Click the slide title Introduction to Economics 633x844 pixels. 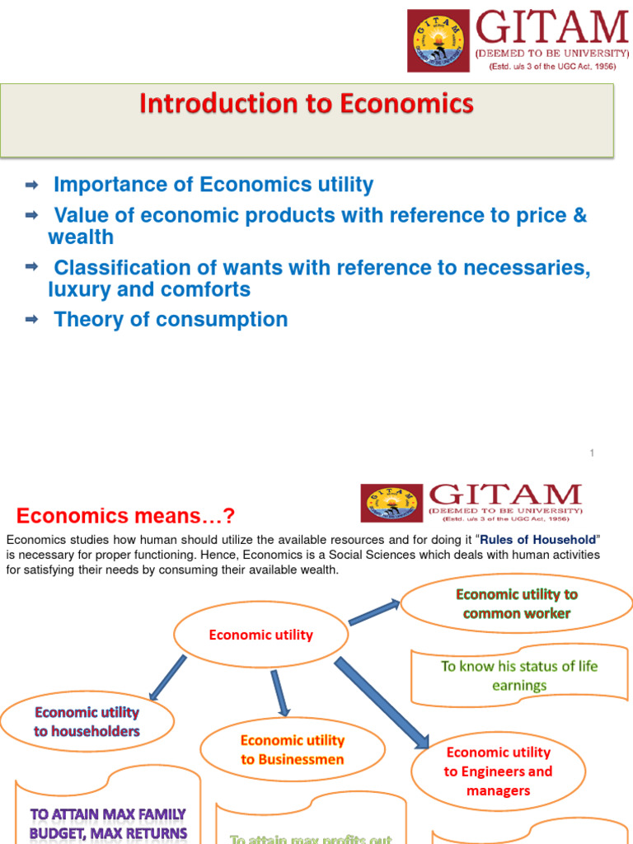pos(307,104)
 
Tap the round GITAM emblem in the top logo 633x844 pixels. pos(437,40)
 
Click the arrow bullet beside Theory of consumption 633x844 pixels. pos(33,319)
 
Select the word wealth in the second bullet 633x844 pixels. pos(81,237)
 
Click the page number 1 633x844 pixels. pos(592,453)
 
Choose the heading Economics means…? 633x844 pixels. pos(125,516)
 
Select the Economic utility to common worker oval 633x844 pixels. pos(517,604)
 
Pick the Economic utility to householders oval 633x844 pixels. pos(87,722)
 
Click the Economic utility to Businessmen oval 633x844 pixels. pos(292,750)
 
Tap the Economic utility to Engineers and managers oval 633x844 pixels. pos(498,771)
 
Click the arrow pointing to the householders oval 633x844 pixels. pos(166,678)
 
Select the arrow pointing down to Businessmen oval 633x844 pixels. pos(280,692)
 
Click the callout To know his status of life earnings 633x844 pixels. pos(518,676)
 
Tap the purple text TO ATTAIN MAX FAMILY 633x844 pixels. pos(108,814)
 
